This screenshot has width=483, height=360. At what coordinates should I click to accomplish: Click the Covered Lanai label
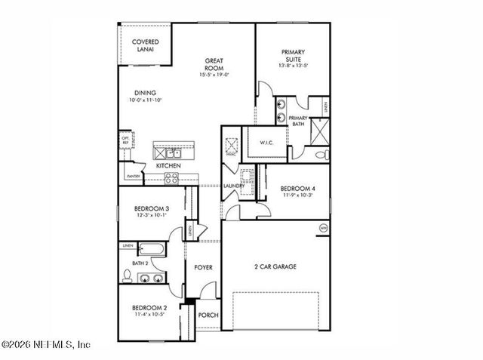click(145, 45)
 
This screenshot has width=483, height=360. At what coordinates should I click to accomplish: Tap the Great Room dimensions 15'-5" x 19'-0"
click(214, 75)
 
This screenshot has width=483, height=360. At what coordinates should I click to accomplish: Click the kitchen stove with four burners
click(171, 179)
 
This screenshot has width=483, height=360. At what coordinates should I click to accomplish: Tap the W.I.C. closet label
click(270, 142)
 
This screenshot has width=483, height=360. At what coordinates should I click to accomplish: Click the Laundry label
click(232, 186)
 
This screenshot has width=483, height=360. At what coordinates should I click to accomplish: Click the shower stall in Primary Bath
click(318, 134)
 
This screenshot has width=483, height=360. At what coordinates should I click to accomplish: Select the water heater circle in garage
click(324, 227)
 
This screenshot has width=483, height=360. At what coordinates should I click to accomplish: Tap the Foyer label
click(203, 267)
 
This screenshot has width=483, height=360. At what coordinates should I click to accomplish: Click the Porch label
click(208, 315)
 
